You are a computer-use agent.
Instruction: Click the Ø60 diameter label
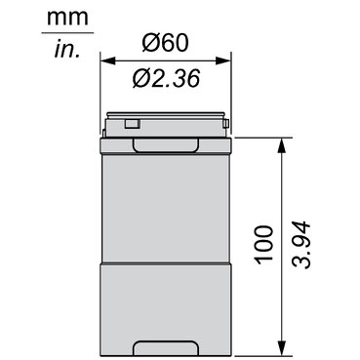pos(165,43)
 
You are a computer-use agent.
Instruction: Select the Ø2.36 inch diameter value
pos(166,79)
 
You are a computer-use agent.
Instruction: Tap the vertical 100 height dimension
pos(263,245)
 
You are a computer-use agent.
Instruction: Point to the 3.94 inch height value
pos(300,245)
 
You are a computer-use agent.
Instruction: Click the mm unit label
pos(67,18)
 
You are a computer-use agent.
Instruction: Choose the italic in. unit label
pos(67,50)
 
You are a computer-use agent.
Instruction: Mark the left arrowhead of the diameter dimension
pos(108,60)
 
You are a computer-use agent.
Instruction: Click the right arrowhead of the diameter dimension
pos(223,60)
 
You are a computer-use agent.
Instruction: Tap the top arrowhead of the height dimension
pos(282,145)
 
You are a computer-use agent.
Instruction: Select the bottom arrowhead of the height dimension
pos(282,348)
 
